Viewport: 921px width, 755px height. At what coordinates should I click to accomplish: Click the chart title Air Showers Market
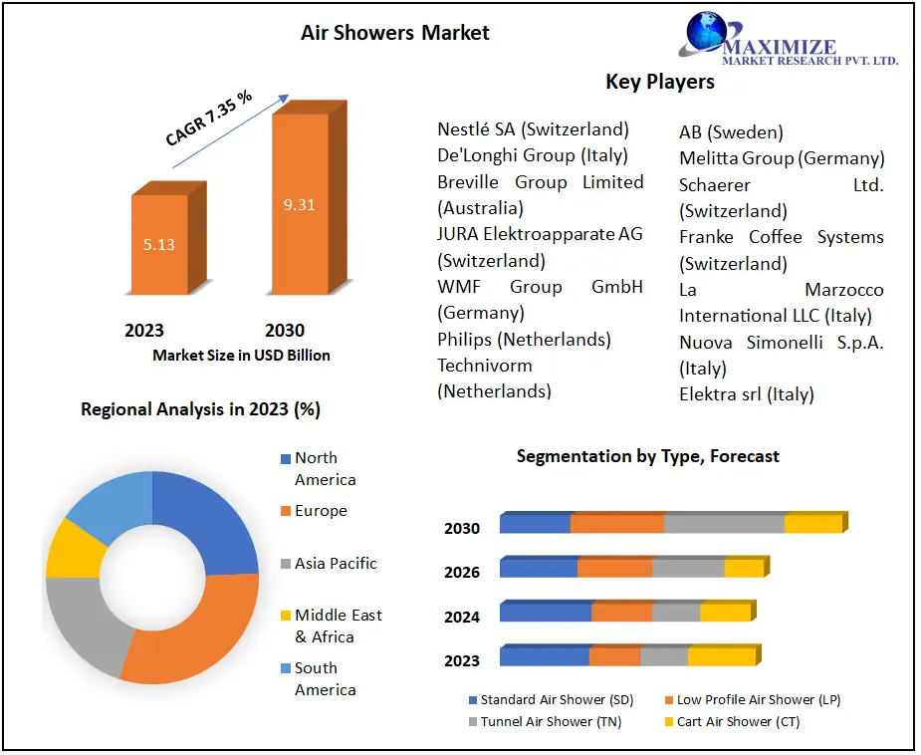click(394, 33)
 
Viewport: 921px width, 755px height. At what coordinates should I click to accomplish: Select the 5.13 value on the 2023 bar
click(159, 244)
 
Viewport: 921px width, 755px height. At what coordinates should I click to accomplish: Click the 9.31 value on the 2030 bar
click(299, 205)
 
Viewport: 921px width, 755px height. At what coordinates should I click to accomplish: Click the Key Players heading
click(660, 82)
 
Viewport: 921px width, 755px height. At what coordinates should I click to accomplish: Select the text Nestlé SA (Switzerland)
click(533, 129)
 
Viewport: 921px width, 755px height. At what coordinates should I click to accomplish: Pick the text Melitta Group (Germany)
click(782, 158)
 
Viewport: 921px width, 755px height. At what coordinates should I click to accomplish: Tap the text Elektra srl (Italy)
click(746, 394)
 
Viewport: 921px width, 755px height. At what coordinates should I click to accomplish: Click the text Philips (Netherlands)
click(524, 340)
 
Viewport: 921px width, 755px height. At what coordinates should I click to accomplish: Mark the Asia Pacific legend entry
click(336, 564)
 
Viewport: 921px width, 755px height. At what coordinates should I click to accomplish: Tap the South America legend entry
click(325, 679)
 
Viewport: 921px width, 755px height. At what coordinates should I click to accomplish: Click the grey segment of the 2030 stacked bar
click(724, 524)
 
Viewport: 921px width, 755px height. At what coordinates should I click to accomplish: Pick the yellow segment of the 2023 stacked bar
click(721, 656)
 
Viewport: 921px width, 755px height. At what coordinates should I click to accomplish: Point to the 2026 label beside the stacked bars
click(462, 573)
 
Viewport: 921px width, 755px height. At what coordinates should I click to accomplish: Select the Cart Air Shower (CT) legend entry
click(738, 722)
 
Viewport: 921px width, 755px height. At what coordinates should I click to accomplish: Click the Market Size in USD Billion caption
click(241, 355)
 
